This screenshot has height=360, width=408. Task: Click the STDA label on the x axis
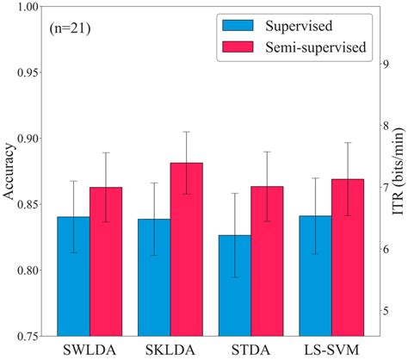tap(250, 351)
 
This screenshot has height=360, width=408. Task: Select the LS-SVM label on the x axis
tap(331, 351)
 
